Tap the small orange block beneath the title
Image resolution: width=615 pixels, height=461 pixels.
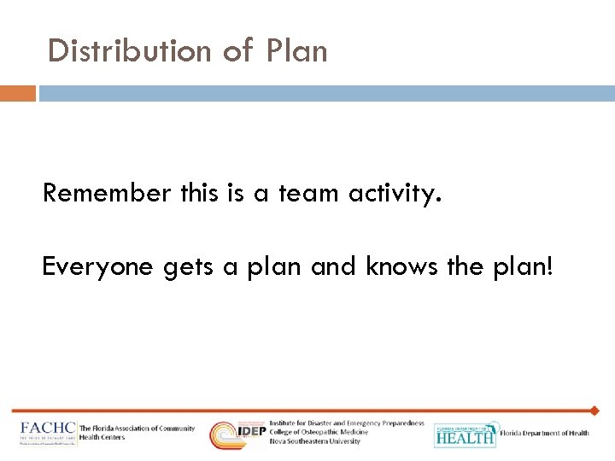click(18, 92)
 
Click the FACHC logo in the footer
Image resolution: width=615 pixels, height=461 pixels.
click(48, 432)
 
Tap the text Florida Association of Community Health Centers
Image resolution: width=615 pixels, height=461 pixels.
click(137, 433)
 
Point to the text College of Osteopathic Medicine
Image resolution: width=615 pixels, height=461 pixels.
click(319, 432)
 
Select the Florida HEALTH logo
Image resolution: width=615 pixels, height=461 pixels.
click(465, 435)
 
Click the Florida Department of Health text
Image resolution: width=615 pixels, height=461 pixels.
click(544, 434)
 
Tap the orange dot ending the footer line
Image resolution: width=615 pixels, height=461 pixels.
click(594, 411)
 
